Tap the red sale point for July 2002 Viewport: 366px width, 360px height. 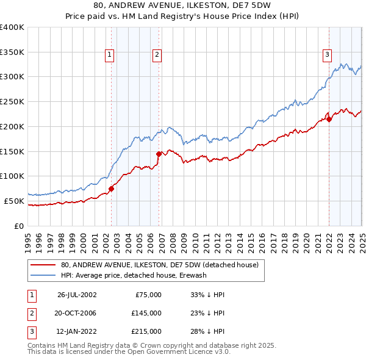click(112, 189)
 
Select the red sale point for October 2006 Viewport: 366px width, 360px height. click(159, 154)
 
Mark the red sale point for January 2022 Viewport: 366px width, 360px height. click(329, 119)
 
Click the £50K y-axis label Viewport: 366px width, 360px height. click(14, 201)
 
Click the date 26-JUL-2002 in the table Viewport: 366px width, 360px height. click(76, 295)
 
